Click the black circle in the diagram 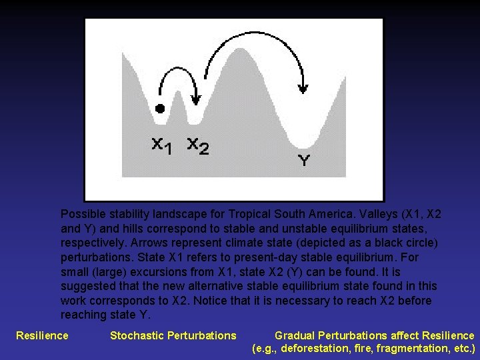pos(159,109)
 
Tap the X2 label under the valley pos(197,145)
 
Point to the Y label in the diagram pos(303,161)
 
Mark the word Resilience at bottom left pos(42,335)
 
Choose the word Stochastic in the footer pos(137,335)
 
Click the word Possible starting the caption pos(83,214)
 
